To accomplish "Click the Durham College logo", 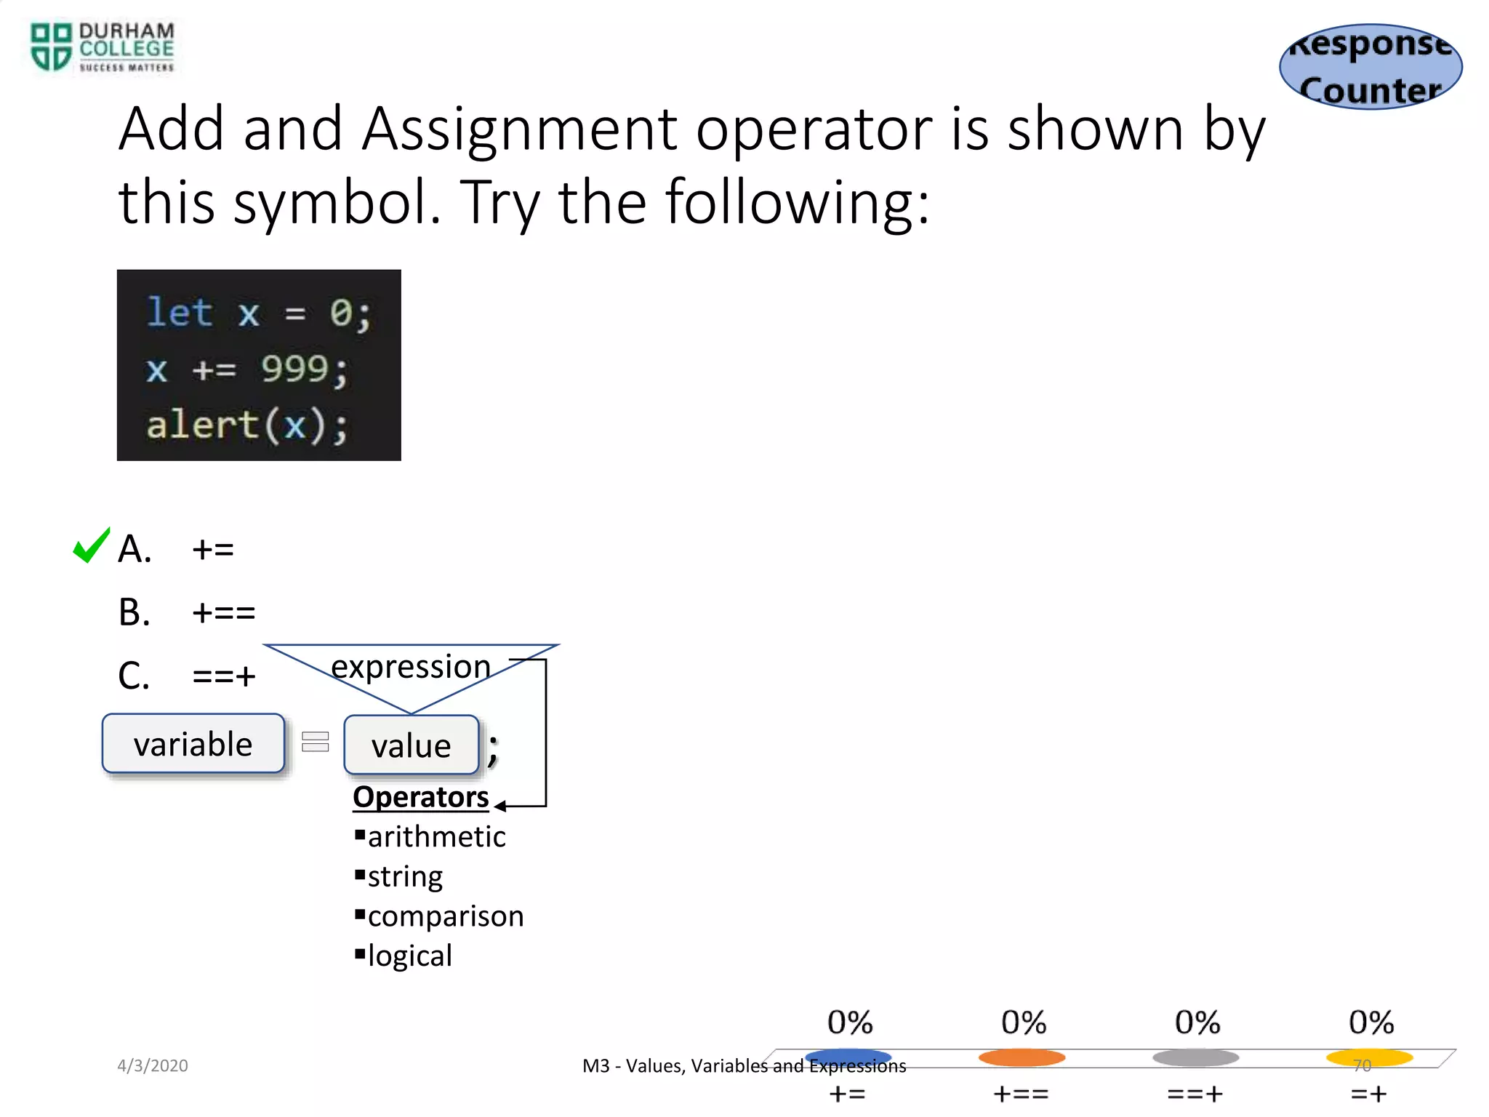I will click(102, 47).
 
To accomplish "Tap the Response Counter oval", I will click(1370, 67).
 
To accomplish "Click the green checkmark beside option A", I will click(92, 545).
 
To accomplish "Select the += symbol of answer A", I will click(213, 549).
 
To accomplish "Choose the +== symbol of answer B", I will click(224, 612).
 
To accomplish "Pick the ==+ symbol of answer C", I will click(224, 676).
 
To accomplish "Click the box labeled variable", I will click(193, 743).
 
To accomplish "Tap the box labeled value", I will click(411, 745).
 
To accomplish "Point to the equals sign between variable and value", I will click(316, 742).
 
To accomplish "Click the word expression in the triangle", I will click(411, 667).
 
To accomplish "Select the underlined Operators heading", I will click(420, 797).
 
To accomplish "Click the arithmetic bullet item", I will click(436, 837).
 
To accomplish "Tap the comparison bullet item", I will click(445, 916).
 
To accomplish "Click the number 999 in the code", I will click(294, 369).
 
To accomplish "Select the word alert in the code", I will click(202, 425).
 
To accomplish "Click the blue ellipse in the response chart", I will click(848, 1057).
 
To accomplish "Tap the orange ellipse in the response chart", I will click(1022, 1057).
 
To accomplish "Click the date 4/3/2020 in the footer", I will click(153, 1065).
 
